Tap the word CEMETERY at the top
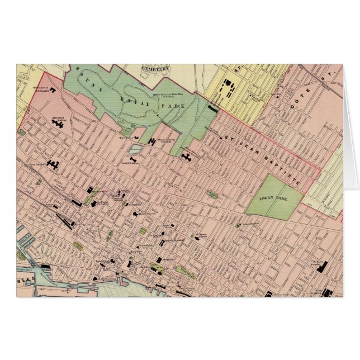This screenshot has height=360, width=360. click(156, 68)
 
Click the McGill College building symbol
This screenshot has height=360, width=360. click(133, 160)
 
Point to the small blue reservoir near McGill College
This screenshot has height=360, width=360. click(135, 149)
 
